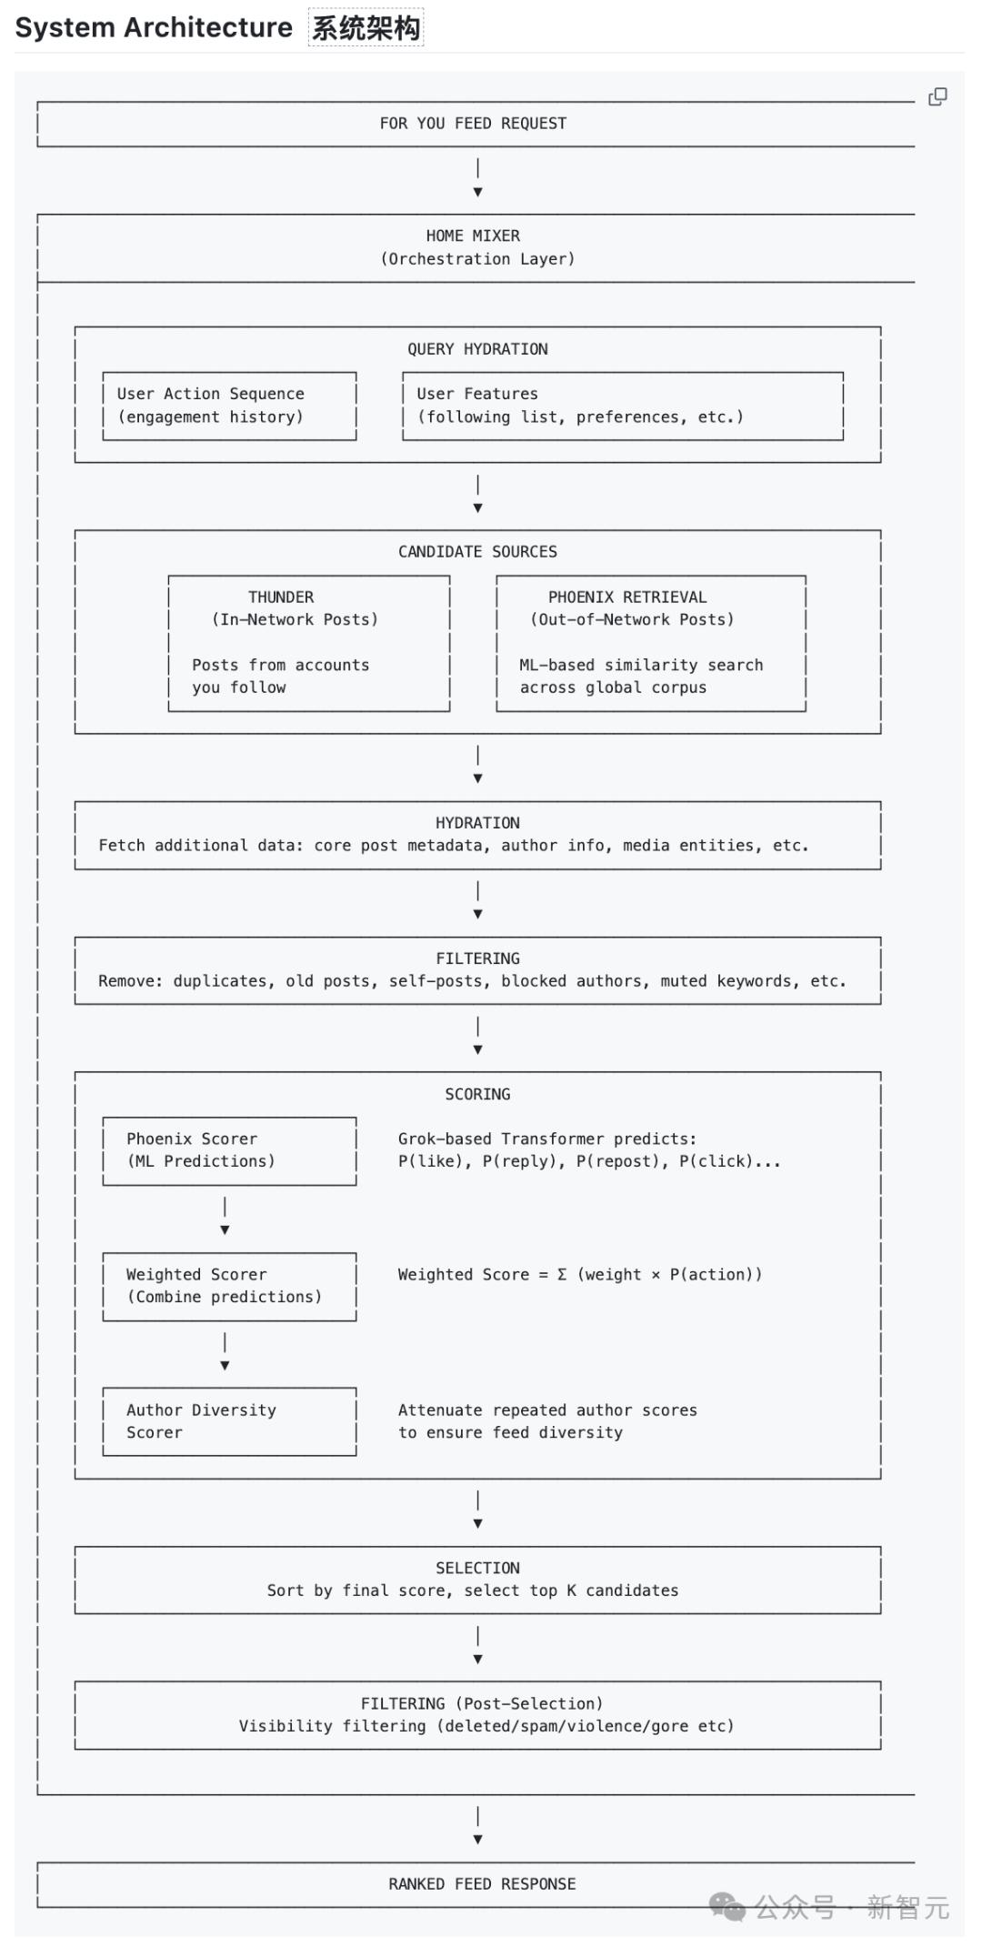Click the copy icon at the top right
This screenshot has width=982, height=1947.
(x=937, y=96)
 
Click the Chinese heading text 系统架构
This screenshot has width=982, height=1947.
(x=366, y=28)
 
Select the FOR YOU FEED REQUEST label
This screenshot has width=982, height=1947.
(x=473, y=124)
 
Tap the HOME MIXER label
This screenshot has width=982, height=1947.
(x=473, y=236)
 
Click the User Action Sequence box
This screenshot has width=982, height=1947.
(x=229, y=406)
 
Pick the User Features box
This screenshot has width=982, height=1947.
(x=623, y=406)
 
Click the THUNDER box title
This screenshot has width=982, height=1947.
(x=281, y=597)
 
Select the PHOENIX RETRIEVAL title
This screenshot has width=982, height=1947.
(x=627, y=597)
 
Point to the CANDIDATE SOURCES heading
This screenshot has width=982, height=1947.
(x=477, y=552)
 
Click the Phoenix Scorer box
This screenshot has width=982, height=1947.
(x=229, y=1150)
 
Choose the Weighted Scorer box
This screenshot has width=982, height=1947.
(x=229, y=1286)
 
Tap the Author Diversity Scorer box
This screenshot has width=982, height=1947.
(x=229, y=1421)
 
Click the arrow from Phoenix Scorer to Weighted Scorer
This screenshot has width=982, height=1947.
(x=225, y=1216)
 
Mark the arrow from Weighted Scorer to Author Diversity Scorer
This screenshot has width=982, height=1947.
(x=225, y=1351)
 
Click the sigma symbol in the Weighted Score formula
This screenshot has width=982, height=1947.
(x=562, y=1275)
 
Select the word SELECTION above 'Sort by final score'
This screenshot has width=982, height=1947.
(x=477, y=1568)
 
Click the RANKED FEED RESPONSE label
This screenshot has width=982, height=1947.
(x=482, y=1884)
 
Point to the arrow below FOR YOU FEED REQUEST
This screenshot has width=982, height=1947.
(x=477, y=178)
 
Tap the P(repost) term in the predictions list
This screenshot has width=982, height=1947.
(x=614, y=1161)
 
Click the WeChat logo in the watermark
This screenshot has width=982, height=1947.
(x=726, y=1906)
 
